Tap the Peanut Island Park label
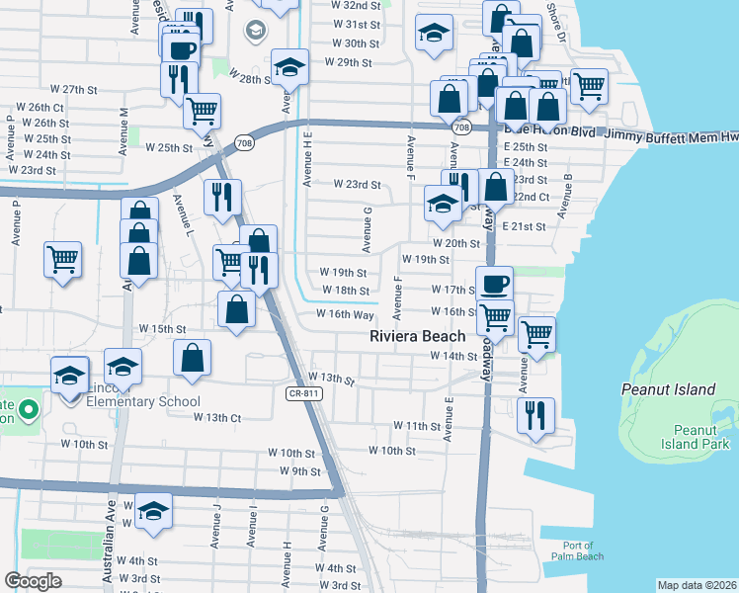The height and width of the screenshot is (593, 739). point(681,437)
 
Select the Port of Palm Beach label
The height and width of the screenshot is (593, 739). point(578,551)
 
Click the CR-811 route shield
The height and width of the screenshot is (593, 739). point(304,393)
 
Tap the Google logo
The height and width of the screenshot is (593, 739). point(33,581)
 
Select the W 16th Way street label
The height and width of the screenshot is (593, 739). point(344,314)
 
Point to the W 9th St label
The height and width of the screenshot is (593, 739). point(300,471)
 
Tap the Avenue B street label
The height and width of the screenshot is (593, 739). point(567,196)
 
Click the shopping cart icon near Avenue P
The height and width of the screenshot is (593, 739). point(62,259)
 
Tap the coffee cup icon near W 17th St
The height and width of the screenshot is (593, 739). point(494,283)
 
